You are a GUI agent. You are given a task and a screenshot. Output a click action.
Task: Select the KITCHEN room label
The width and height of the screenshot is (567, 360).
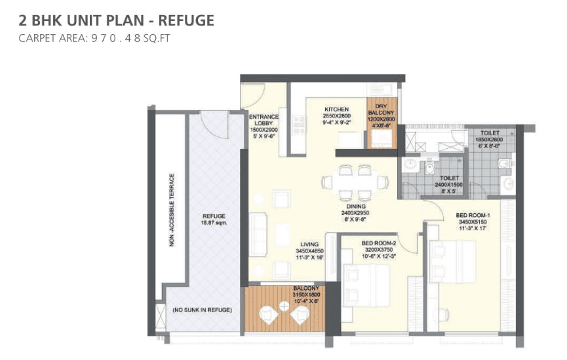point(338,109)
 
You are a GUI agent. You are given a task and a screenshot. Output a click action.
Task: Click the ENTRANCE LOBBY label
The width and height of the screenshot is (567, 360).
point(264,121)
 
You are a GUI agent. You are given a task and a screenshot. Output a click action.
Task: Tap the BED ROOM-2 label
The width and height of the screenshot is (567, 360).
point(378,242)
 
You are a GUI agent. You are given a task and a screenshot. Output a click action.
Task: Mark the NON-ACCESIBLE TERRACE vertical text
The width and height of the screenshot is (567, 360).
point(172,209)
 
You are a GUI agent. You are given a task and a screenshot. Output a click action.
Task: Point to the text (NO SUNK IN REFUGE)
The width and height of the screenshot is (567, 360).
point(202,309)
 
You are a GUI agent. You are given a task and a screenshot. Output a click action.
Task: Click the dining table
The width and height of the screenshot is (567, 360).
point(355,181)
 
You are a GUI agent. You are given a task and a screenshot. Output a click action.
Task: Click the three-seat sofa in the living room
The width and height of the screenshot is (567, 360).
point(258,233)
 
